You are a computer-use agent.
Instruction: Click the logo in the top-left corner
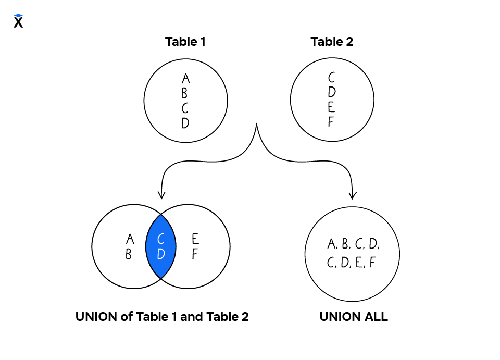pos(18,21)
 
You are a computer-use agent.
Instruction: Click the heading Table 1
pos(185,42)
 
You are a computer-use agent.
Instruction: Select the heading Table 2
pos(332,42)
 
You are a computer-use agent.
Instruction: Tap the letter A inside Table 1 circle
pos(186,79)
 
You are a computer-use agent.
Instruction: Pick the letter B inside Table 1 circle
pos(184,94)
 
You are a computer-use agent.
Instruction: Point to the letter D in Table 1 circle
pos(185,123)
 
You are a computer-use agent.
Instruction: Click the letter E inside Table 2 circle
pos(332,107)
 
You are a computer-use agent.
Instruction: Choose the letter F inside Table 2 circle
pos(330,122)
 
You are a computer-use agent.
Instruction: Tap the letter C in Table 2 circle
pos(332,78)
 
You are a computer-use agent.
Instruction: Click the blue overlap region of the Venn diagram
pos(161,260)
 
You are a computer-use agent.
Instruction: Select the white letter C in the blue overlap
pos(161,239)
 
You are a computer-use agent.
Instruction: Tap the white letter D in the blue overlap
pos(161,254)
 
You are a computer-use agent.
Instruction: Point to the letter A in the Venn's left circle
pos(130,239)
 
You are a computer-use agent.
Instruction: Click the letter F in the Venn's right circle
pos(194,255)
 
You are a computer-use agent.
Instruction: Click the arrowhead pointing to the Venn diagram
pos(161,195)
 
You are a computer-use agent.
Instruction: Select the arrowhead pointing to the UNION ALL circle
pos(353,195)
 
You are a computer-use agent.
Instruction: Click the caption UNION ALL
pos(353,317)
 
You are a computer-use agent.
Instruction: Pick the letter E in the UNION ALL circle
pos(359,263)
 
